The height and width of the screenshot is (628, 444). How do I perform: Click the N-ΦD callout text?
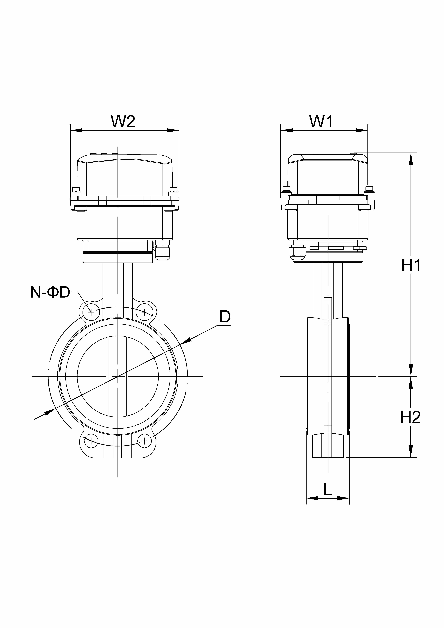coord(50,292)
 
